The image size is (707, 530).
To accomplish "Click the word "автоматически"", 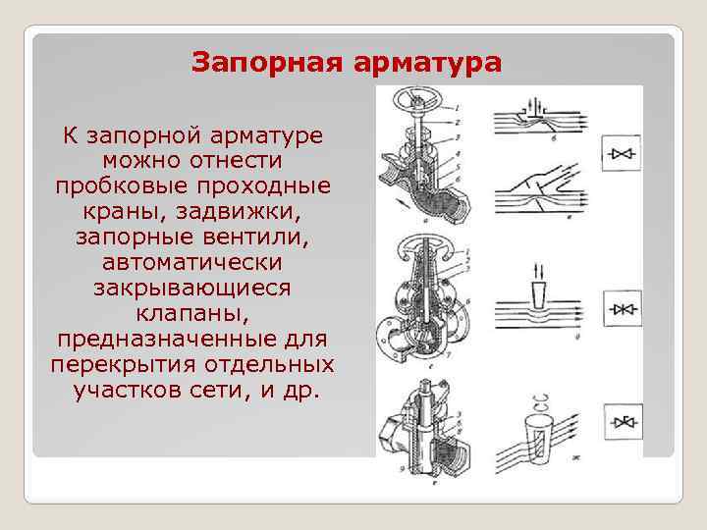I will [191, 262].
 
